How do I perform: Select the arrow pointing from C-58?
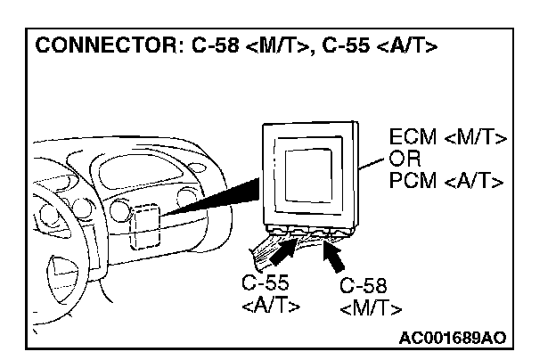pos(336,258)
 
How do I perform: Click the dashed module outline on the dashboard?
pos(143,226)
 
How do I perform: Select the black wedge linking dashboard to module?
pos(214,200)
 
